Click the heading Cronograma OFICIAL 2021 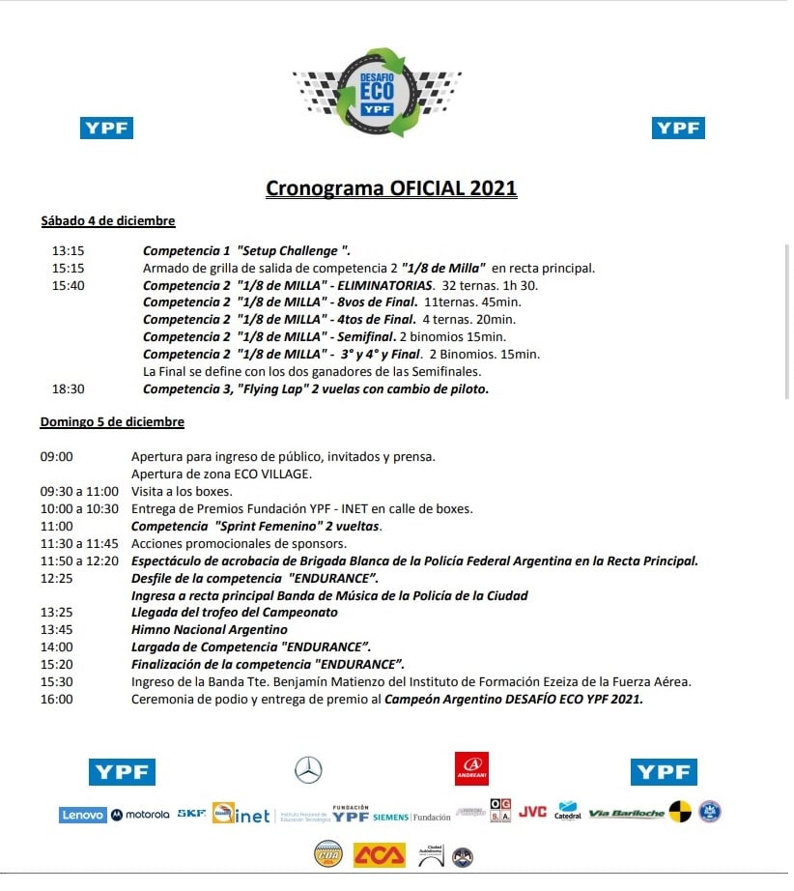click(x=391, y=188)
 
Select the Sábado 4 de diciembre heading click(x=107, y=221)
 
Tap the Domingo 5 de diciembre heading click(x=112, y=422)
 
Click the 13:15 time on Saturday click(x=68, y=250)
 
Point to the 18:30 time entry click(x=68, y=389)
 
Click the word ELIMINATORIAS click(x=383, y=285)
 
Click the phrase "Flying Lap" click(x=275, y=389)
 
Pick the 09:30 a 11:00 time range click(x=79, y=491)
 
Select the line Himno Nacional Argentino click(x=209, y=630)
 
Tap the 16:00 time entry click(x=56, y=700)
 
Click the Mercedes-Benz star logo click(x=308, y=770)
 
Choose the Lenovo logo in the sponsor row click(x=82, y=815)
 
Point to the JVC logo click(x=532, y=812)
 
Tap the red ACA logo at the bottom click(x=379, y=855)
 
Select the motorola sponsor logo click(x=141, y=815)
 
